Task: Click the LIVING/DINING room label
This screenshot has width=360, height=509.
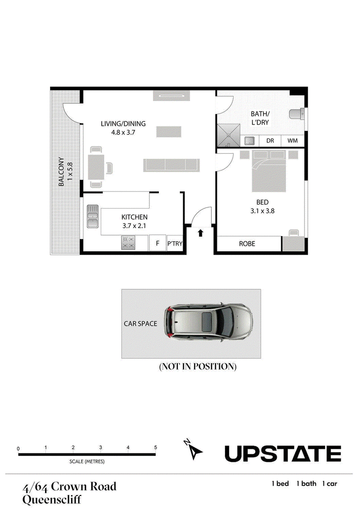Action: point(123,124)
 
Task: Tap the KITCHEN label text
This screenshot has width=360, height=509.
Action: point(135,217)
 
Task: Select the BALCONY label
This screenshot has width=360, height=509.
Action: point(61,171)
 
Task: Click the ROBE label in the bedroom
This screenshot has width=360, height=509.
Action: point(247,244)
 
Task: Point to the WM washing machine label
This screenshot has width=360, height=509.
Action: point(292,141)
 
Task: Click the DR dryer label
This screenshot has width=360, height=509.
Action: point(270,141)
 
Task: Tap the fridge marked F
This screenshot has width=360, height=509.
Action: point(157,243)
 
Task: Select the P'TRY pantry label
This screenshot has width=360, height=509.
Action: point(175,243)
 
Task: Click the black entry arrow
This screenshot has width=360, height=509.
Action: point(200,233)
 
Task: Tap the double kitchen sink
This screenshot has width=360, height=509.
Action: point(93,216)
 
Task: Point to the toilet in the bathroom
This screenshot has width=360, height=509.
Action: point(296,114)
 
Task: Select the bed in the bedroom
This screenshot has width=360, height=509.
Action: point(269,171)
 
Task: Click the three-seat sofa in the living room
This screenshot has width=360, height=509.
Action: point(171,165)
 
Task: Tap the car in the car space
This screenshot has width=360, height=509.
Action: point(208,322)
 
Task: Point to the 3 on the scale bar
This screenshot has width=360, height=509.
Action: point(100,447)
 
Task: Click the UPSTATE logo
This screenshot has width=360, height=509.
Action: point(283,454)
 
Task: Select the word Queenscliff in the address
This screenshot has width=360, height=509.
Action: point(52,499)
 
